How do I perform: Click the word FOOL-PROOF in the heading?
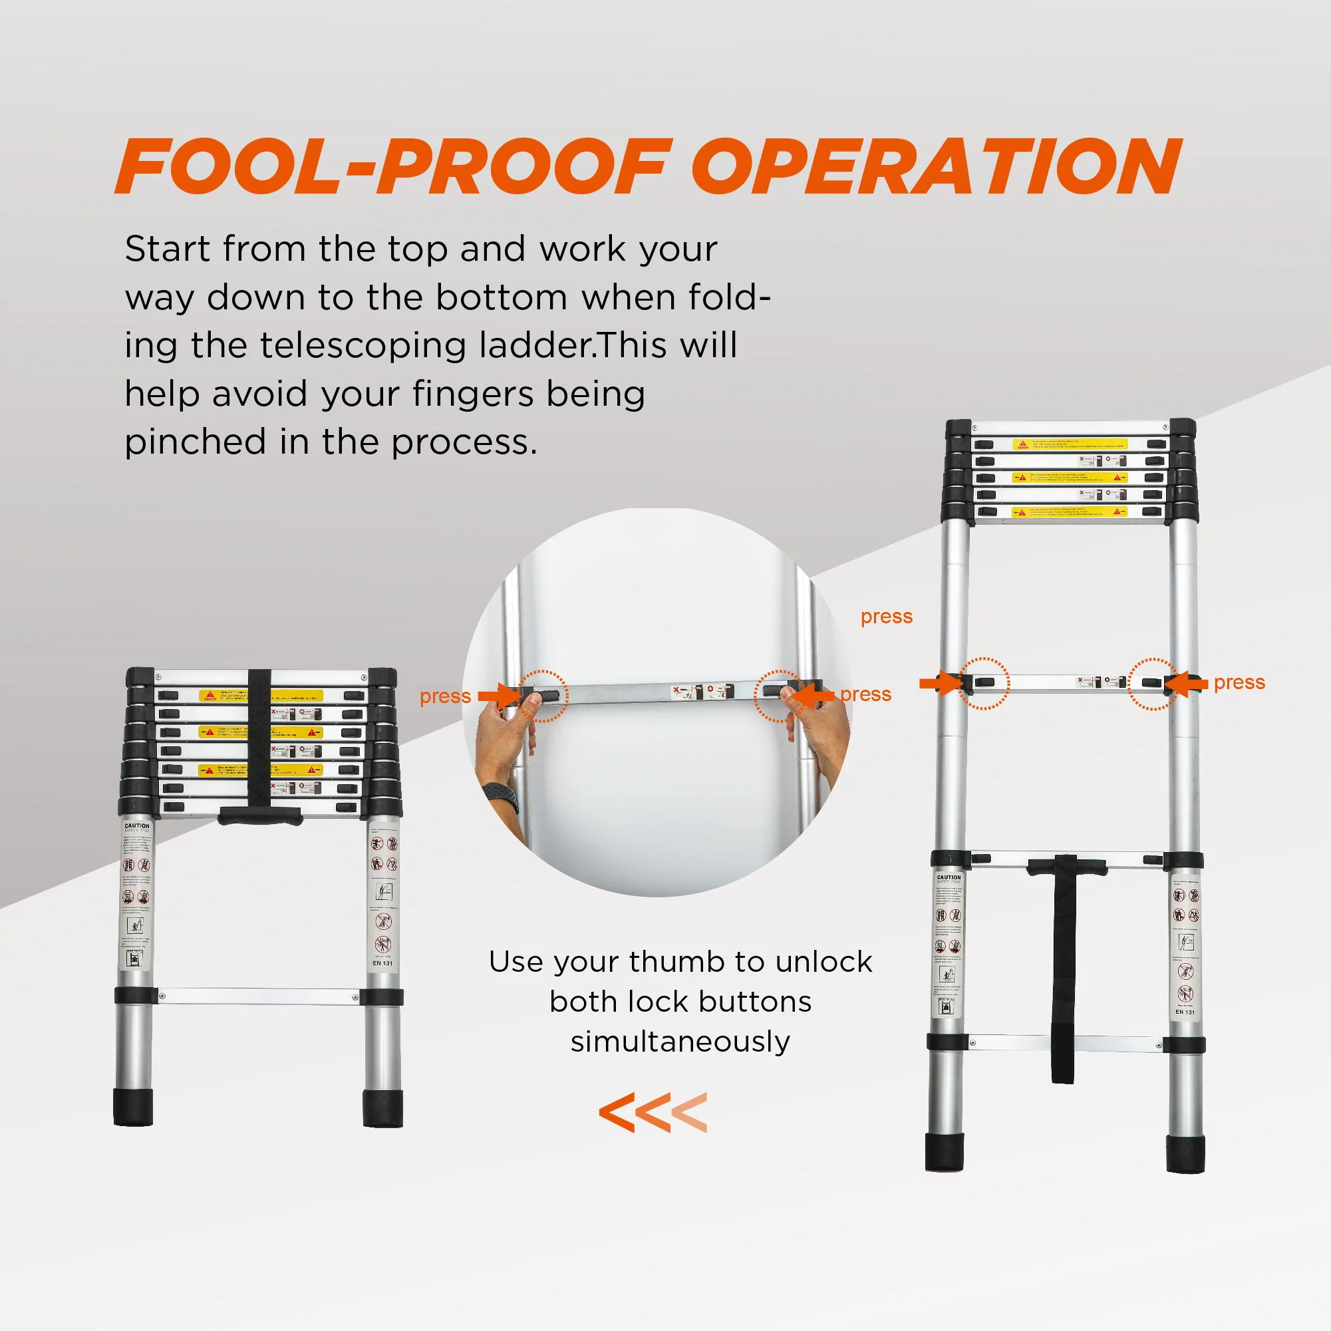click(392, 167)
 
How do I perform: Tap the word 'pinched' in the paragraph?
click(195, 443)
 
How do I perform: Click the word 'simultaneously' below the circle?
click(680, 1041)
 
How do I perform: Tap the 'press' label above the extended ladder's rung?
click(886, 617)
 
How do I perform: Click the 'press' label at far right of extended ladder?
click(1239, 682)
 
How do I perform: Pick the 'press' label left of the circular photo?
click(445, 696)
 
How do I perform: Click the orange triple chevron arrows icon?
click(653, 1112)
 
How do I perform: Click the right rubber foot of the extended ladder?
click(1185, 1154)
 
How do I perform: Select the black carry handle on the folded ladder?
click(259, 815)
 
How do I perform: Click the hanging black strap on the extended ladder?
click(1062, 978)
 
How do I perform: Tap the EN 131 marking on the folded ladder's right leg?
click(382, 962)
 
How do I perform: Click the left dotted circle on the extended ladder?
click(984, 682)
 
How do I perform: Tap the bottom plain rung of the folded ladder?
click(258, 996)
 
